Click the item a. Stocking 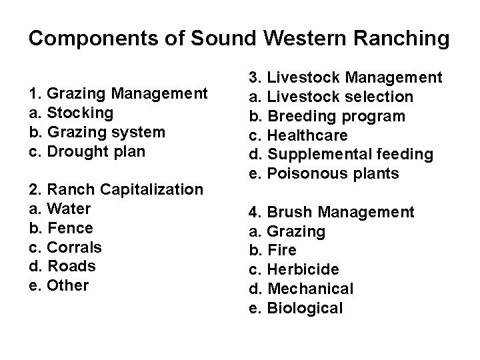(71, 113)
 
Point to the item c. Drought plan (87, 151)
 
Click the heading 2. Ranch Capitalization (116, 190)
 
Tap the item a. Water (60, 209)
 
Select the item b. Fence (61, 228)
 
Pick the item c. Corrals (65, 247)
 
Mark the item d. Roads (63, 267)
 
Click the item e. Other (59, 286)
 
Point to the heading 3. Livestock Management (345, 78)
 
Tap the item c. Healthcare (307, 135)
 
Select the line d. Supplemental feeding (341, 155)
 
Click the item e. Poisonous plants (323, 174)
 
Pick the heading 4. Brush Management (331, 213)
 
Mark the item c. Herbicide (303, 270)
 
